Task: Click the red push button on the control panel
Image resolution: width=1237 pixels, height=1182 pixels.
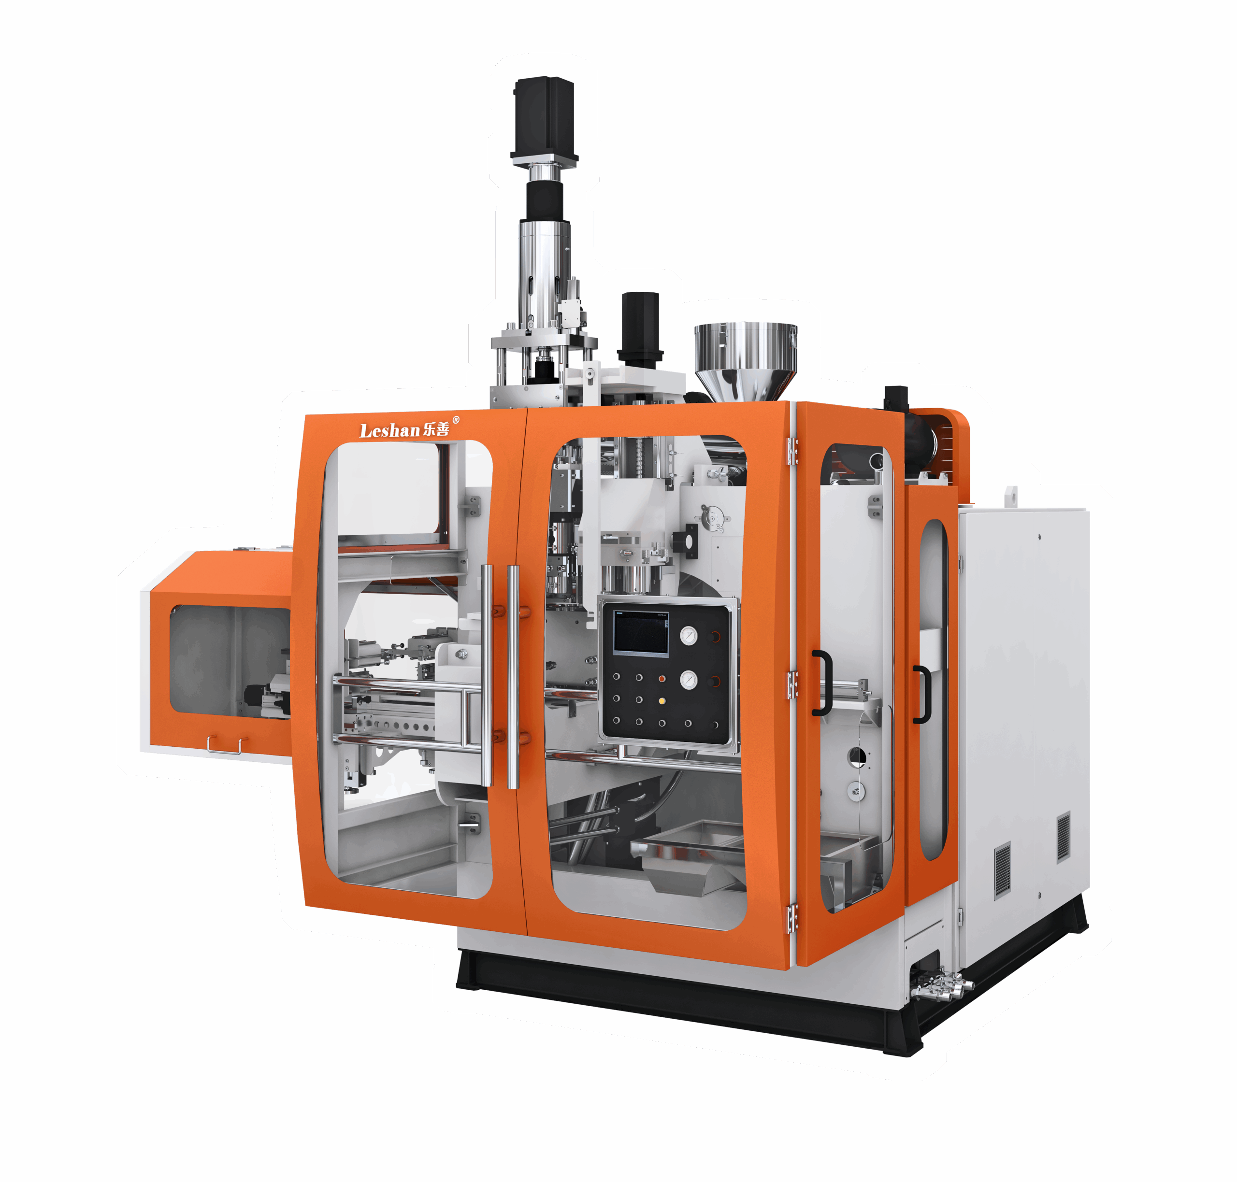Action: pyautogui.click(x=662, y=679)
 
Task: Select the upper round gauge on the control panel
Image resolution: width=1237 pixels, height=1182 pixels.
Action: pyautogui.click(x=689, y=636)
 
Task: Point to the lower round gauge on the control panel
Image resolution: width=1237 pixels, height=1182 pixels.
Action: pyautogui.click(x=689, y=680)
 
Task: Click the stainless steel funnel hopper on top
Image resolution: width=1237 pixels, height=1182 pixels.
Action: pyautogui.click(x=745, y=361)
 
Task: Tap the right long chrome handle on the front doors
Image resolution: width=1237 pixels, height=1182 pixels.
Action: pyautogui.click(x=513, y=677)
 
